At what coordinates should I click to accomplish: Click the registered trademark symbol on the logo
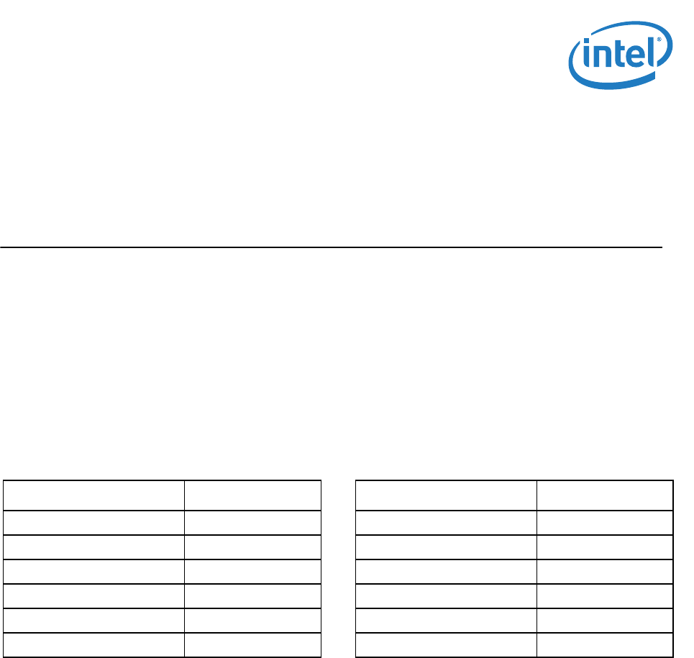click(658, 41)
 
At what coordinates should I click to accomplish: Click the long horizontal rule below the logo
click(331, 247)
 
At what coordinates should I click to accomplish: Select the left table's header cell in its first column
click(94, 495)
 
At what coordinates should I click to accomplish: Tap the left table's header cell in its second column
click(252, 495)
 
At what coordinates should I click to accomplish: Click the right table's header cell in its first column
click(447, 495)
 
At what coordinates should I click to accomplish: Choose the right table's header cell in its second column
click(605, 495)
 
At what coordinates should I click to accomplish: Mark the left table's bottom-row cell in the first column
click(94, 645)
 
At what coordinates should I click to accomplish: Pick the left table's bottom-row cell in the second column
click(252, 645)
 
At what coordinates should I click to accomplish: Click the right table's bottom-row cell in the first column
click(447, 645)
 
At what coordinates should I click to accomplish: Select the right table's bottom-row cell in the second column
click(605, 645)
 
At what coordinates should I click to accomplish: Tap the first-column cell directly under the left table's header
click(94, 523)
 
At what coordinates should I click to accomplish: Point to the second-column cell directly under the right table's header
click(605, 523)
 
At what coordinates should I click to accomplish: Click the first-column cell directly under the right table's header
click(447, 523)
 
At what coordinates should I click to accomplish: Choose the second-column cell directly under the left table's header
click(252, 523)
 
